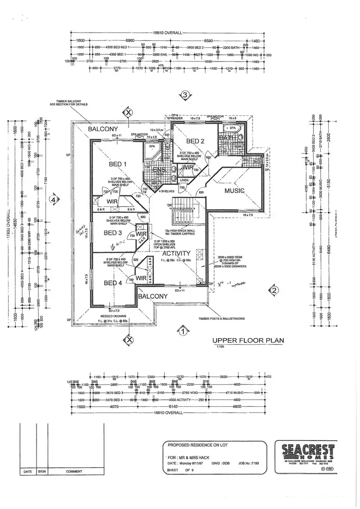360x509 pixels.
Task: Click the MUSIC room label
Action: [x=234, y=191]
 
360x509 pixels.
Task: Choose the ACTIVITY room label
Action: [x=176, y=253]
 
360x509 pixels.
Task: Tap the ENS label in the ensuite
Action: [x=158, y=170]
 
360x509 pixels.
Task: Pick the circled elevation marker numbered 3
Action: [x=185, y=95]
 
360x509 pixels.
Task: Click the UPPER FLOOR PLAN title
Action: [x=248, y=340]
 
